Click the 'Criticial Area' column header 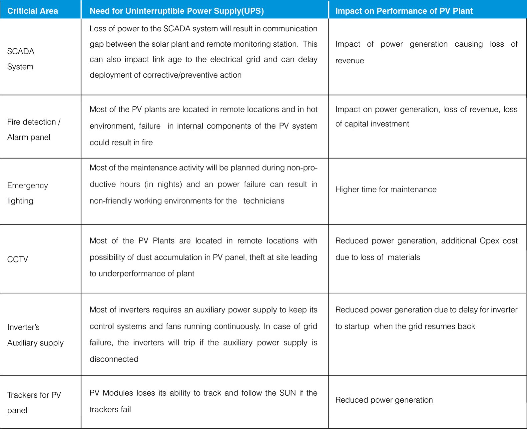click(x=33, y=11)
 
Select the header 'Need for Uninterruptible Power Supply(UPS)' click(x=177, y=11)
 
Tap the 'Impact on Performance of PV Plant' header click(x=404, y=11)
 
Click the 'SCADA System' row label click(x=21, y=59)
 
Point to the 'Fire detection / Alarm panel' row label click(x=34, y=130)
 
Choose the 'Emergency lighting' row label click(x=27, y=193)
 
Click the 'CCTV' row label click(x=18, y=259)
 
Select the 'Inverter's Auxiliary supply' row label click(x=35, y=335)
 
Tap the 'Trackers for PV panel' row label click(x=34, y=402)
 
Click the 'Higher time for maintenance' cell click(x=386, y=190)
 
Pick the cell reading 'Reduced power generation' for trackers click(x=384, y=400)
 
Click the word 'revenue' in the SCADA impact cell click(x=349, y=61)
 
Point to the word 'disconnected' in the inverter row click(x=114, y=359)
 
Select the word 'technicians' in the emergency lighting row click(x=264, y=201)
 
